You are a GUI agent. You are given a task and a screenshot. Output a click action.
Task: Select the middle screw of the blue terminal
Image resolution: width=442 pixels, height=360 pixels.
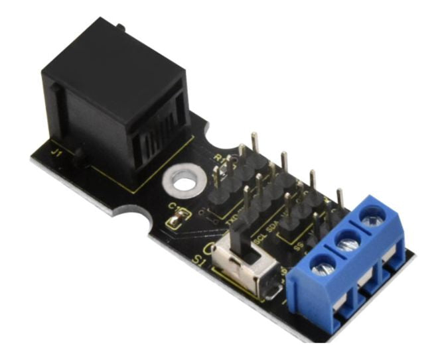(x=347, y=243)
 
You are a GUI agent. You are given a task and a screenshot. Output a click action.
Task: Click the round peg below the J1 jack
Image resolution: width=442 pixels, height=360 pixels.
(x=80, y=159)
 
